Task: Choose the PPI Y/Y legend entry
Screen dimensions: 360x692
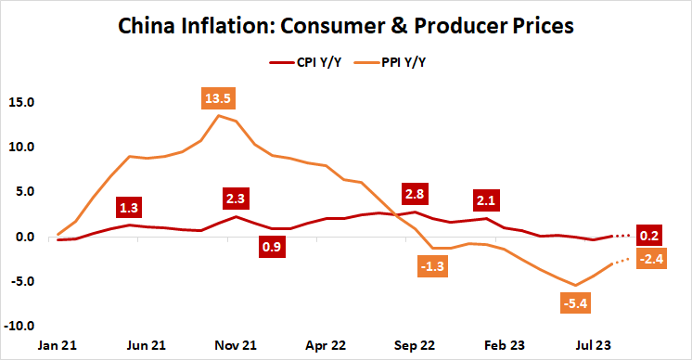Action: (404, 62)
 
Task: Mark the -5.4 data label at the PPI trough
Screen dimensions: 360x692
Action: (574, 302)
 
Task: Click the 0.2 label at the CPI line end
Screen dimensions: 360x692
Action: (649, 236)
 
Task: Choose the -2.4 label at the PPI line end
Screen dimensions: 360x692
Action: (649, 258)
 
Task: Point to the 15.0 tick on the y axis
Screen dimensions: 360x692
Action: (20, 102)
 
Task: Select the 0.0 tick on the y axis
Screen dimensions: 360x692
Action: (23, 237)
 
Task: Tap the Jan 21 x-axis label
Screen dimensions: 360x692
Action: (58, 344)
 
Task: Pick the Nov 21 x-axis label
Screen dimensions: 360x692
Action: (237, 344)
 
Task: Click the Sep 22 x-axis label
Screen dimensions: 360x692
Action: (416, 344)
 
